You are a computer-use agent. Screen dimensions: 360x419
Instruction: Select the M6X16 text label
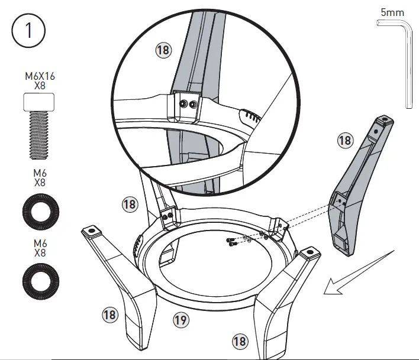(x=38, y=77)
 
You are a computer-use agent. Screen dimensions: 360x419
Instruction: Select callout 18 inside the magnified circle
(x=163, y=50)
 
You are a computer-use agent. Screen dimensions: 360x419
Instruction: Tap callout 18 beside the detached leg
(x=345, y=141)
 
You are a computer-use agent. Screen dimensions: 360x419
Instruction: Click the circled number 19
(x=181, y=320)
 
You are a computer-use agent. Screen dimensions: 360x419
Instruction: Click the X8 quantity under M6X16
(x=38, y=86)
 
